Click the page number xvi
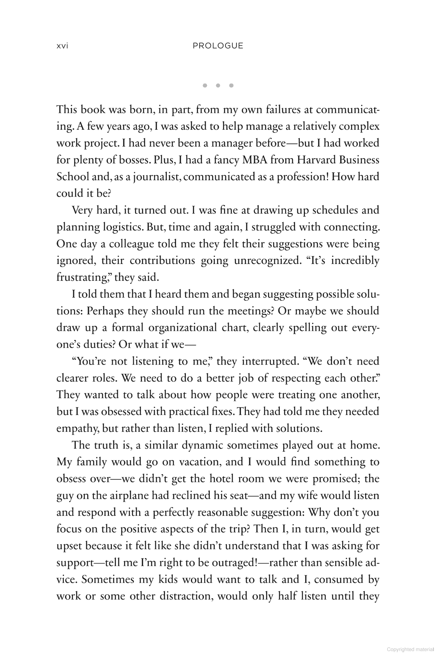(x=62, y=46)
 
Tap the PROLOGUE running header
(x=218, y=46)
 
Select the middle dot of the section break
(x=218, y=85)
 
